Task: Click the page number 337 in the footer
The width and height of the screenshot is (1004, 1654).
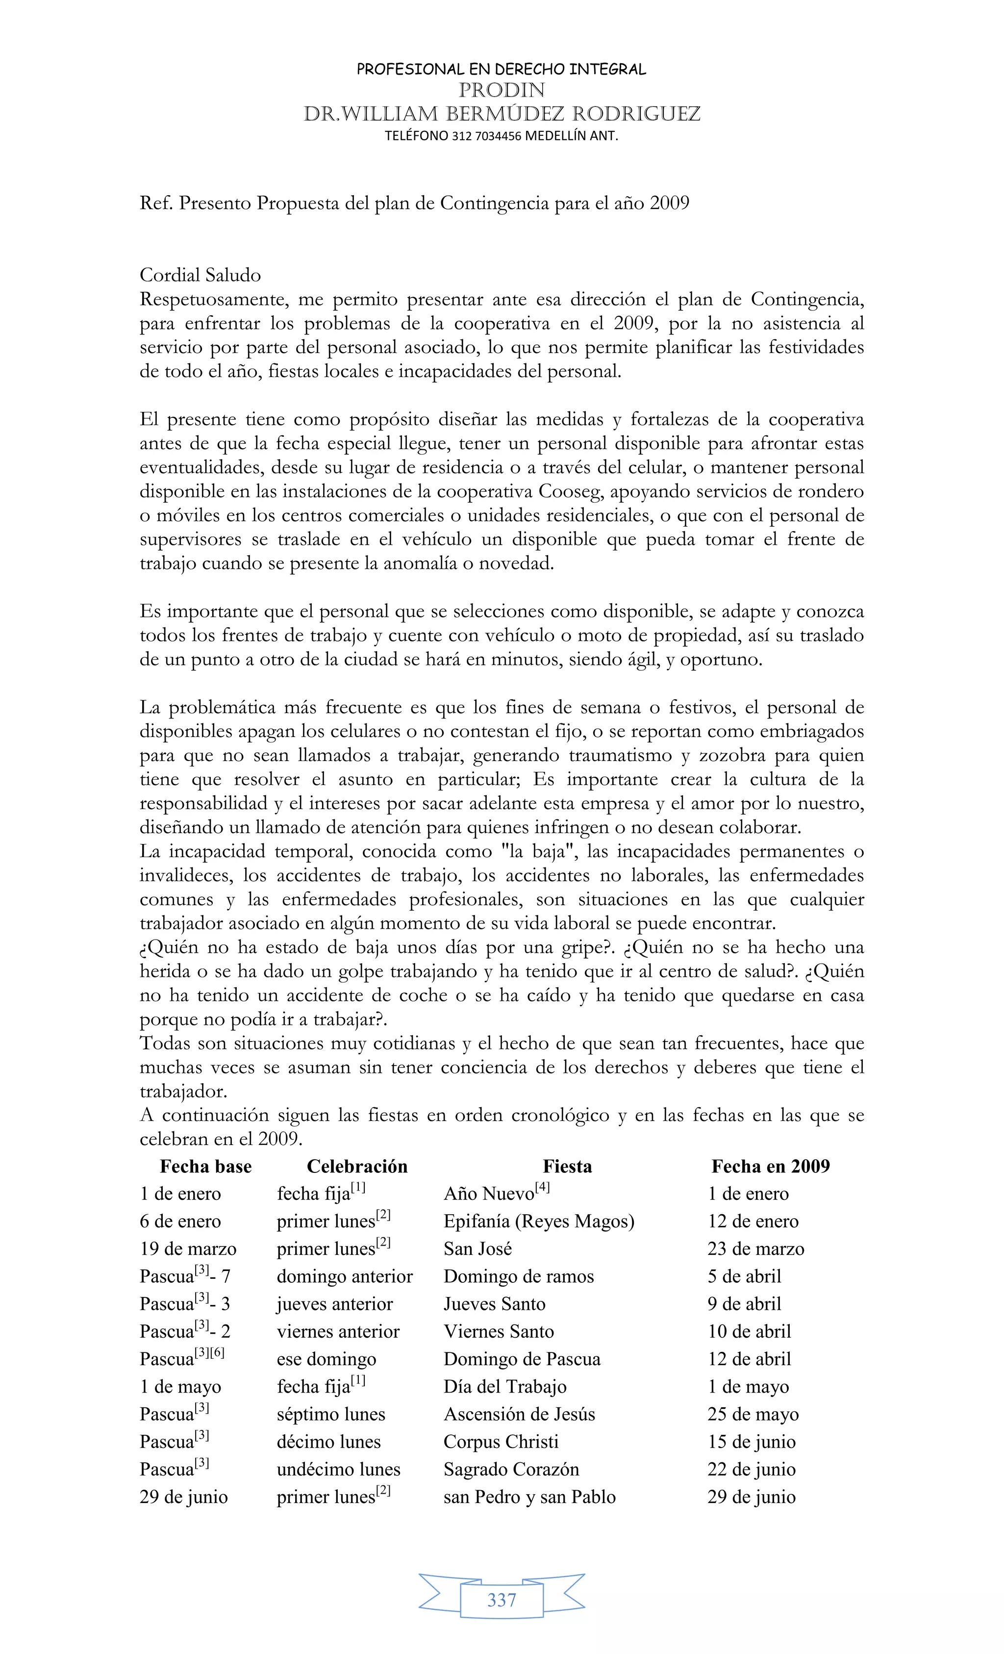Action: [502, 1600]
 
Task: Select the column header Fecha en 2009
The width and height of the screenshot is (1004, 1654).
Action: [771, 1167]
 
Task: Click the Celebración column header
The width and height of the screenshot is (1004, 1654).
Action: [357, 1167]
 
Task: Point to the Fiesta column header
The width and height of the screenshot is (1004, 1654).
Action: [567, 1167]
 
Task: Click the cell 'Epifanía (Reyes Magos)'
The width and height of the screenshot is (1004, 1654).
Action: [539, 1221]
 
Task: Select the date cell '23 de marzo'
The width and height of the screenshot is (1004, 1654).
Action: [755, 1248]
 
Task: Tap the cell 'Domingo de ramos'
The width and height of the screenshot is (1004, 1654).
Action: [519, 1276]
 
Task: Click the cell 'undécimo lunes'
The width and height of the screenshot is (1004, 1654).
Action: [338, 1470]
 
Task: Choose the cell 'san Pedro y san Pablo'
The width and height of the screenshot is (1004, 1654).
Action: [529, 1497]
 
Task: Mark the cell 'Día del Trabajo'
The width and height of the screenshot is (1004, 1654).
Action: [504, 1387]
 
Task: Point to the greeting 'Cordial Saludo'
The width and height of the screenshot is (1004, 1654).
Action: [200, 275]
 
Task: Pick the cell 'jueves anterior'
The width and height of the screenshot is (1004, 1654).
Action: [334, 1303]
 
